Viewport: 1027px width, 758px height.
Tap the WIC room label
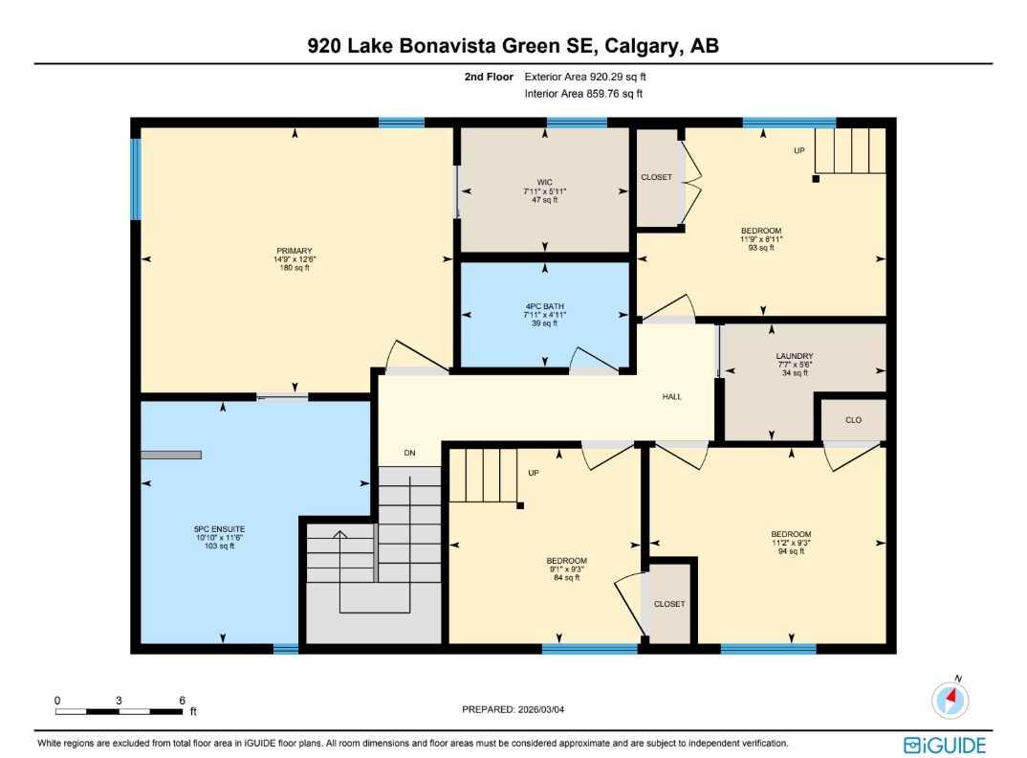pos(545,183)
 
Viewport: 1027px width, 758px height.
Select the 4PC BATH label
pos(545,306)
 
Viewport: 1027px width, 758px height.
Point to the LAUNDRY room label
pos(794,356)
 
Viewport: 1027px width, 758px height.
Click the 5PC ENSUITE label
pos(220,528)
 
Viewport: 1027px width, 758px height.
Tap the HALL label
pos(672,396)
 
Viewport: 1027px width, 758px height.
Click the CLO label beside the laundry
pos(854,419)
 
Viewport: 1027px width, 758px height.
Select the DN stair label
pos(409,453)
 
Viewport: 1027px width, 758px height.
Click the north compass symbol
pos(950,701)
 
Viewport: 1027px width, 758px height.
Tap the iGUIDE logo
pos(944,744)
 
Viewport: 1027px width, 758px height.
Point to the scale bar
pos(120,711)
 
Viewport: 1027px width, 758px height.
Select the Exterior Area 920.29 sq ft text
pos(592,77)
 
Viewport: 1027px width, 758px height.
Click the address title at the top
pos(513,46)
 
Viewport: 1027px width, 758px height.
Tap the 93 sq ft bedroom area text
pos(761,248)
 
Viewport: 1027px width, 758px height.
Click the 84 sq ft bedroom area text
pos(566,577)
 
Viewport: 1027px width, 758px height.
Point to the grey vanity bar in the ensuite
pos(171,456)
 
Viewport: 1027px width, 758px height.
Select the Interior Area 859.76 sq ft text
pos(583,94)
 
